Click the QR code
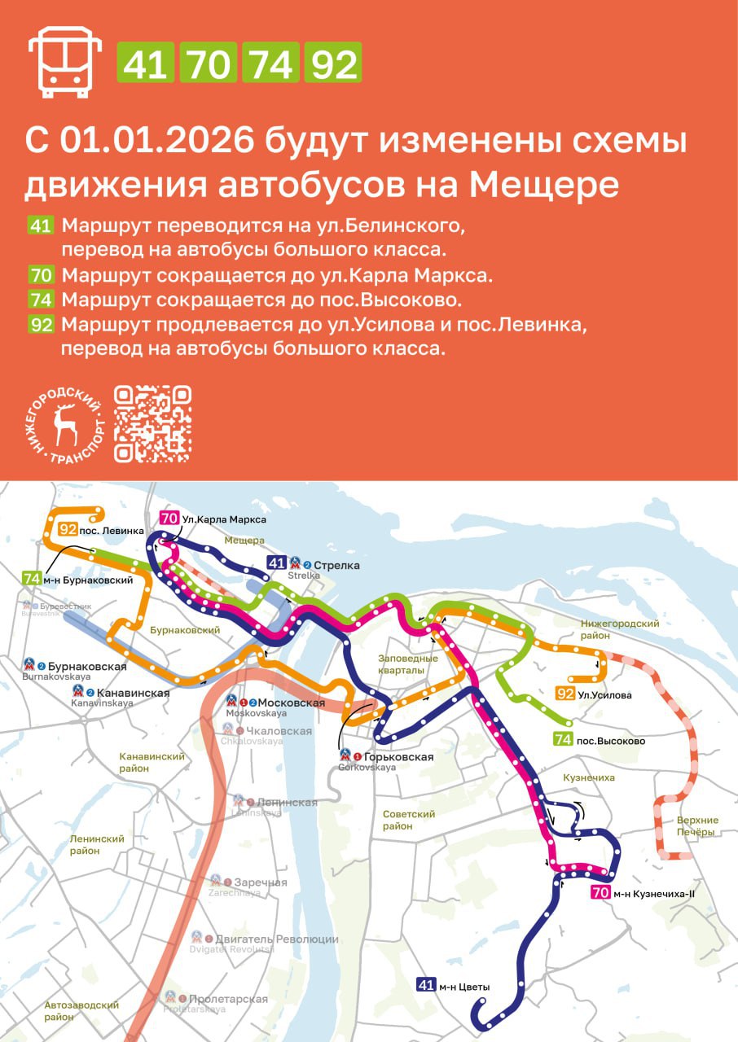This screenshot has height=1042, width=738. (x=152, y=423)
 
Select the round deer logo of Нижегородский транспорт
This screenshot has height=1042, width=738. (x=64, y=423)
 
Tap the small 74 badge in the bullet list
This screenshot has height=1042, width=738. (x=41, y=299)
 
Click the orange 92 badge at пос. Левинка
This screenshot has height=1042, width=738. (x=68, y=530)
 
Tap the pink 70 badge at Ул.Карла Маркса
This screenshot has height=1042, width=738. (x=169, y=519)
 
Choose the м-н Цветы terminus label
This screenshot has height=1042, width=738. (x=463, y=987)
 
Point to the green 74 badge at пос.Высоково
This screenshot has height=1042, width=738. (x=562, y=741)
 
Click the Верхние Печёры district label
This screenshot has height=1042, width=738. (x=696, y=825)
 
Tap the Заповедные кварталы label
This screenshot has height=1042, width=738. (x=408, y=663)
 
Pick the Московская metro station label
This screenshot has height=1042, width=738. (x=291, y=703)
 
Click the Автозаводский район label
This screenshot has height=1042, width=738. (x=82, y=1010)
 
